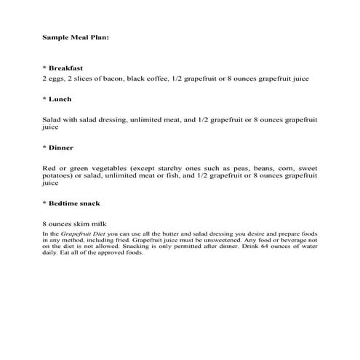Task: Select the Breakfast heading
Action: pyautogui.click(x=63, y=67)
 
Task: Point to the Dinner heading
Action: pyautogui.click(x=61, y=147)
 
